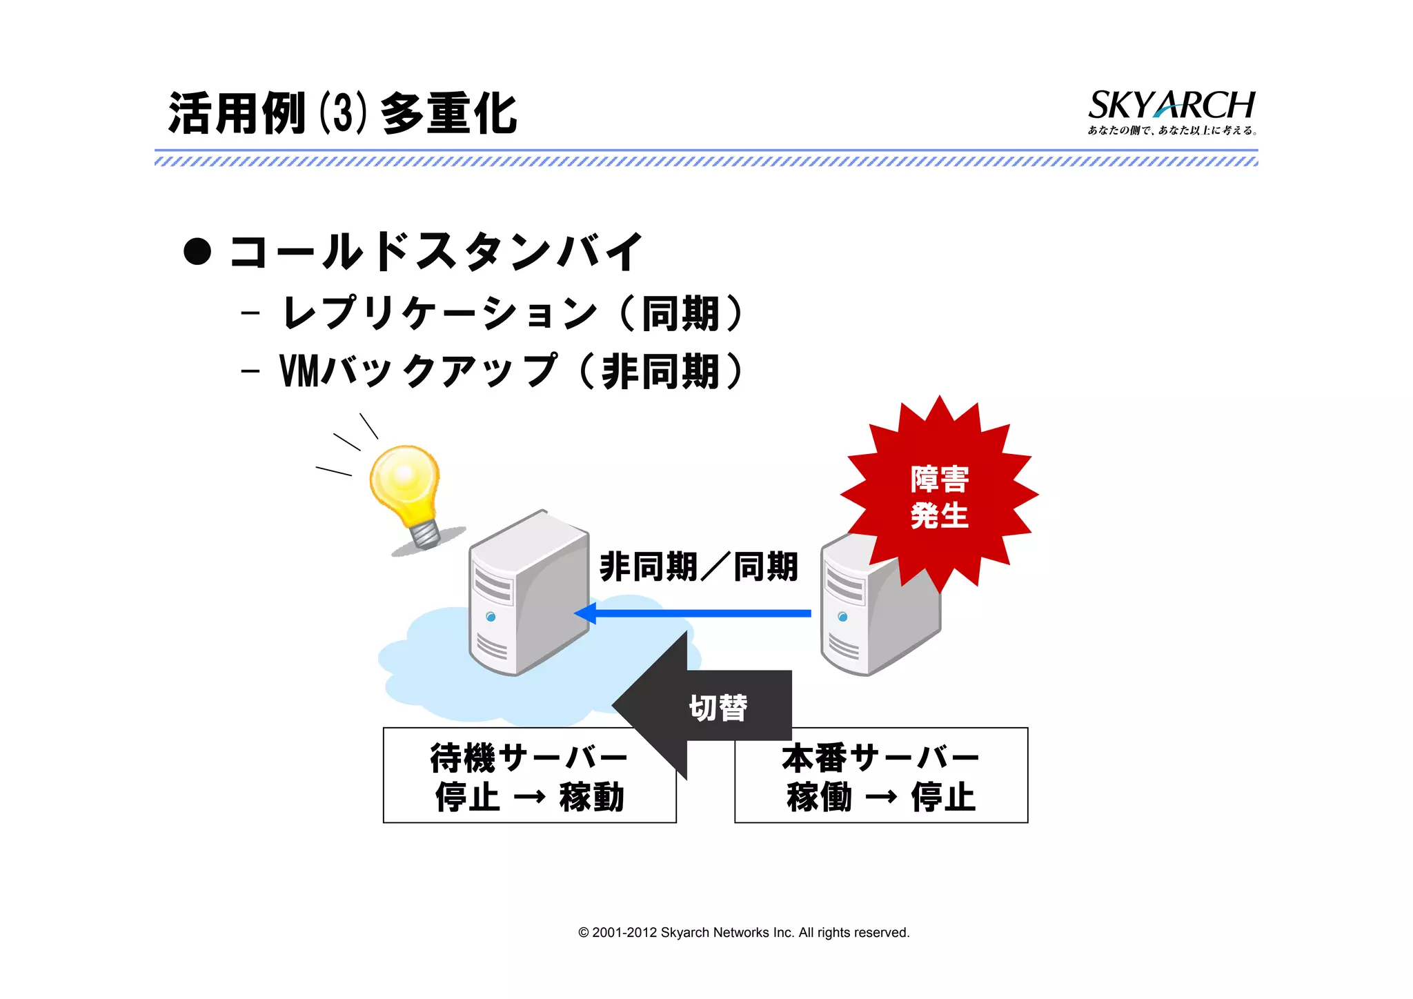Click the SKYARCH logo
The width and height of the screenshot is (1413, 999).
point(1171,110)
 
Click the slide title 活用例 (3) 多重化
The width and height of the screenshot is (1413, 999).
point(342,113)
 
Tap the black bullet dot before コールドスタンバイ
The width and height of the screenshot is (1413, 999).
point(197,251)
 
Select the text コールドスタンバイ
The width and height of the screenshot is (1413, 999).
point(436,251)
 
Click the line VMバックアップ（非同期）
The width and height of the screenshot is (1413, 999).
point(511,371)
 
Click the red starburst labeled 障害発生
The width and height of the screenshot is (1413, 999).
point(939,495)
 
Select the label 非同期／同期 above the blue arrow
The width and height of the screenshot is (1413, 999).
point(698,567)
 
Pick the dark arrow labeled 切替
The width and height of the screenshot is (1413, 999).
point(704,706)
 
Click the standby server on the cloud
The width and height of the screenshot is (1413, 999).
point(528,593)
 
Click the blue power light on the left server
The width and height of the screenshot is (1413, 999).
point(491,617)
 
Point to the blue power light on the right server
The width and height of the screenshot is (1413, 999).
point(842,617)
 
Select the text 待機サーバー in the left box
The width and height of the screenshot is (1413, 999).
point(528,758)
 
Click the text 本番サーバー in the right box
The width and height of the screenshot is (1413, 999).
point(880,758)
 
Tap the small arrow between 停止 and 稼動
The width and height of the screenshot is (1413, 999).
point(530,798)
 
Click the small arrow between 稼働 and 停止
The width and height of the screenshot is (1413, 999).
point(881,798)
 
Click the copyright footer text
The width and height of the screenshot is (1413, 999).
point(744,933)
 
